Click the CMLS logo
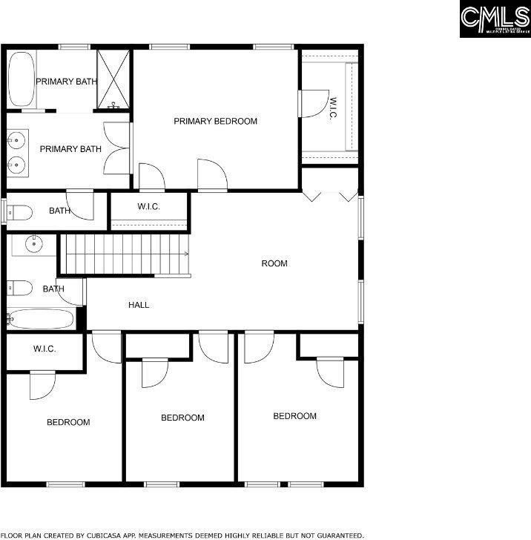tap(495, 19)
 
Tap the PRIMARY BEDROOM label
tap(215, 121)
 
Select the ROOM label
tap(274, 263)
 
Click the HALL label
tap(139, 305)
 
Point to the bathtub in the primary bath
tap(22, 79)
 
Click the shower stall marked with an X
tap(114, 79)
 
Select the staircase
tap(124, 254)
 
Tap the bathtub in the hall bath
tap(41, 319)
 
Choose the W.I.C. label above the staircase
tap(148, 207)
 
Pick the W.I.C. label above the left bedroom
tap(44, 349)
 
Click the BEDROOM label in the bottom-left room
tap(68, 422)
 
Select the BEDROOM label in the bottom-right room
tap(294, 416)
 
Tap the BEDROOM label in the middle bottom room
tap(182, 418)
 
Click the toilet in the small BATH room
tap(20, 213)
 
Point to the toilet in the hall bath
tap(19, 287)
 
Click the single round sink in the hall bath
tap(33, 244)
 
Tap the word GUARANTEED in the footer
tap(337, 535)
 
